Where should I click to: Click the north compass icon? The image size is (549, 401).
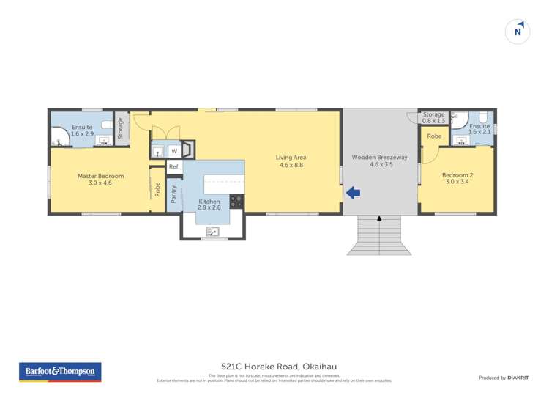point(518,32)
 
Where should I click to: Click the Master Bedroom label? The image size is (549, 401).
point(101,180)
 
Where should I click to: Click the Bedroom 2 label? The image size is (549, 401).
point(457,179)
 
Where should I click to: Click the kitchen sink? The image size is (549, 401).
point(213,232)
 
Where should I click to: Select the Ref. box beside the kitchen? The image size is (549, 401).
point(174,168)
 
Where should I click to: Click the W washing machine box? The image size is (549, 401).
point(174,151)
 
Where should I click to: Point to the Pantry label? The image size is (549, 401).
point(173,194)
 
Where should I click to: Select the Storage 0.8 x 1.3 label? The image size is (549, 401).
point(434,117)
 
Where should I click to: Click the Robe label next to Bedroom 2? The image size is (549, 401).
point(434,136)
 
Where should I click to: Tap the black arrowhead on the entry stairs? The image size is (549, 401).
point(379,218)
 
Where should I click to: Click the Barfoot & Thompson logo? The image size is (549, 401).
point(60,372)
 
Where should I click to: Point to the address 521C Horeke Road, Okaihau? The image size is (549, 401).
point(274,367)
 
